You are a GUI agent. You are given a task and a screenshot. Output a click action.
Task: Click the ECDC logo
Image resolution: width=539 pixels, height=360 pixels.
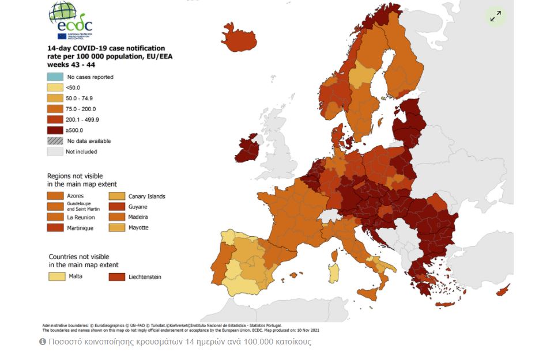coord(70,21)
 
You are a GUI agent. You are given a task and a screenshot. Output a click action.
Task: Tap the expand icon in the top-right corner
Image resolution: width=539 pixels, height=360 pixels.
coord(495,16)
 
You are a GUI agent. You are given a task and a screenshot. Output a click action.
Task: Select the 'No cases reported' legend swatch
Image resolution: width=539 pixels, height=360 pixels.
coord(55,77)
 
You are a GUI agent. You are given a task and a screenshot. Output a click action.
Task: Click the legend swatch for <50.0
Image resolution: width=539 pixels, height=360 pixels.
coord(55,88)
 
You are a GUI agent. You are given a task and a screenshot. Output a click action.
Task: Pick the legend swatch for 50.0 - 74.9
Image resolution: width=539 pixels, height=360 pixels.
coord(55,98)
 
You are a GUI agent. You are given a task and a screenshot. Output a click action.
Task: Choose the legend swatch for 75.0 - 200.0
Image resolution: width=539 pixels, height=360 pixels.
coord(55,109)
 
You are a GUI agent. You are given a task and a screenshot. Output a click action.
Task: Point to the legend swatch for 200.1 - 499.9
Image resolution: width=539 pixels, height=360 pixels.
coord(55,119)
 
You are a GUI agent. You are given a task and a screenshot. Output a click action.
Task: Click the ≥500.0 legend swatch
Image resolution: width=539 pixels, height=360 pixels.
coord(55,130)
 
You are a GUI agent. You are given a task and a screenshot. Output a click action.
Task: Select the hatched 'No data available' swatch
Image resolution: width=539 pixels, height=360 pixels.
coord(55,141)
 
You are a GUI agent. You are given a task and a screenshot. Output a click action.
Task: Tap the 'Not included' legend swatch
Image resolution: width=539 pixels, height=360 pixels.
coord(55,151)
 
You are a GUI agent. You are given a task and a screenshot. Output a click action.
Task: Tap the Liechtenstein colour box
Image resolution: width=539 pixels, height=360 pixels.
coord(116,277)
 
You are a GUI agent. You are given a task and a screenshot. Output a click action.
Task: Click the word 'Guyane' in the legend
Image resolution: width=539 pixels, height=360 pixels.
coord(138,207)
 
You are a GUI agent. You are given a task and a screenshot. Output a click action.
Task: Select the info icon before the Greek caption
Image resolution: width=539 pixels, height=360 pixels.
coord(42,342)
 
